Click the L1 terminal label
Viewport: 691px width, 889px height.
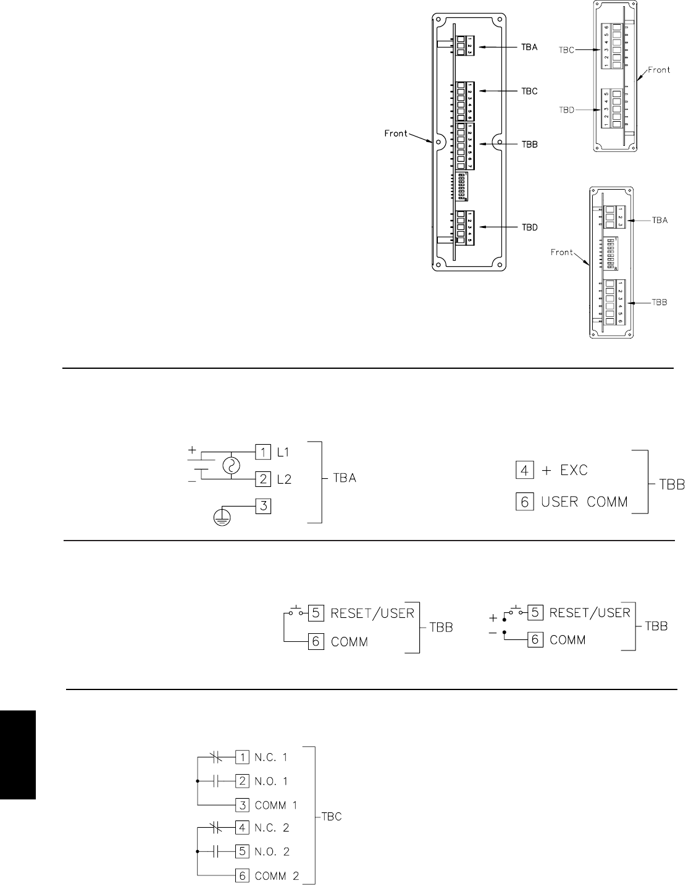click(283, 452)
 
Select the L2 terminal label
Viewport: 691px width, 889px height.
click(283, 479)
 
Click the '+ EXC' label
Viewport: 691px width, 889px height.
click(565, 471)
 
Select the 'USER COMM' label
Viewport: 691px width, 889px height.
click(584, 502)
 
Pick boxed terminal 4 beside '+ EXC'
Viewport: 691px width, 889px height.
click(524, 471)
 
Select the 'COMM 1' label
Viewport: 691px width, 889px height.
click(276, 805)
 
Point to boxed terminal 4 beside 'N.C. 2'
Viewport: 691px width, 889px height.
click(243, 827)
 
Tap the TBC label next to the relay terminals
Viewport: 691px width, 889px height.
click(332, 817)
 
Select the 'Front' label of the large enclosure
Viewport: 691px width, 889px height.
click(396, 133)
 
